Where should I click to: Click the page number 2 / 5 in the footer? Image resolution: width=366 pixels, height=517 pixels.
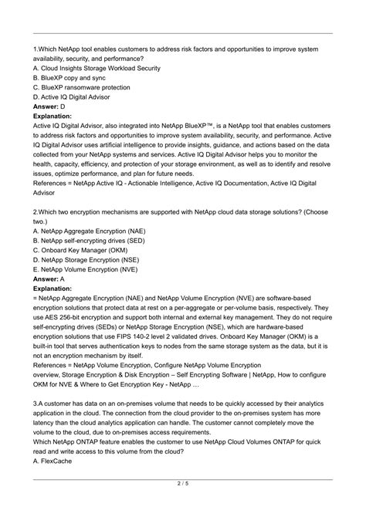183,505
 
